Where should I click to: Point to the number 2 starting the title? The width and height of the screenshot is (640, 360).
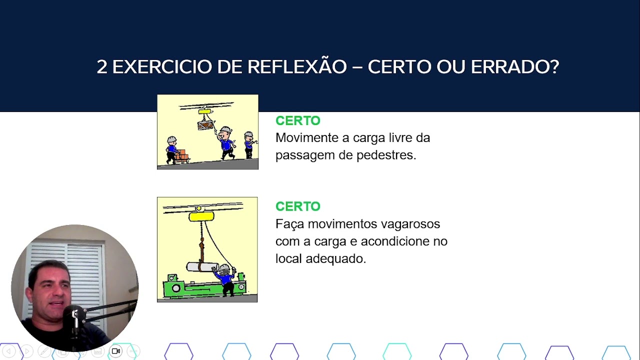102,66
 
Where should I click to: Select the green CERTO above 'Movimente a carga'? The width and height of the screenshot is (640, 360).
297,120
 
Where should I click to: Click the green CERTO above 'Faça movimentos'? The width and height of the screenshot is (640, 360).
297,206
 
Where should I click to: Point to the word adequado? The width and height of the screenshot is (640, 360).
342,259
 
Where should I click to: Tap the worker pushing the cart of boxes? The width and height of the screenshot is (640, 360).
172,149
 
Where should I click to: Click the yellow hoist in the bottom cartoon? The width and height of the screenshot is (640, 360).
201,216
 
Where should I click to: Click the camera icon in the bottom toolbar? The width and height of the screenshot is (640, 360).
116,351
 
